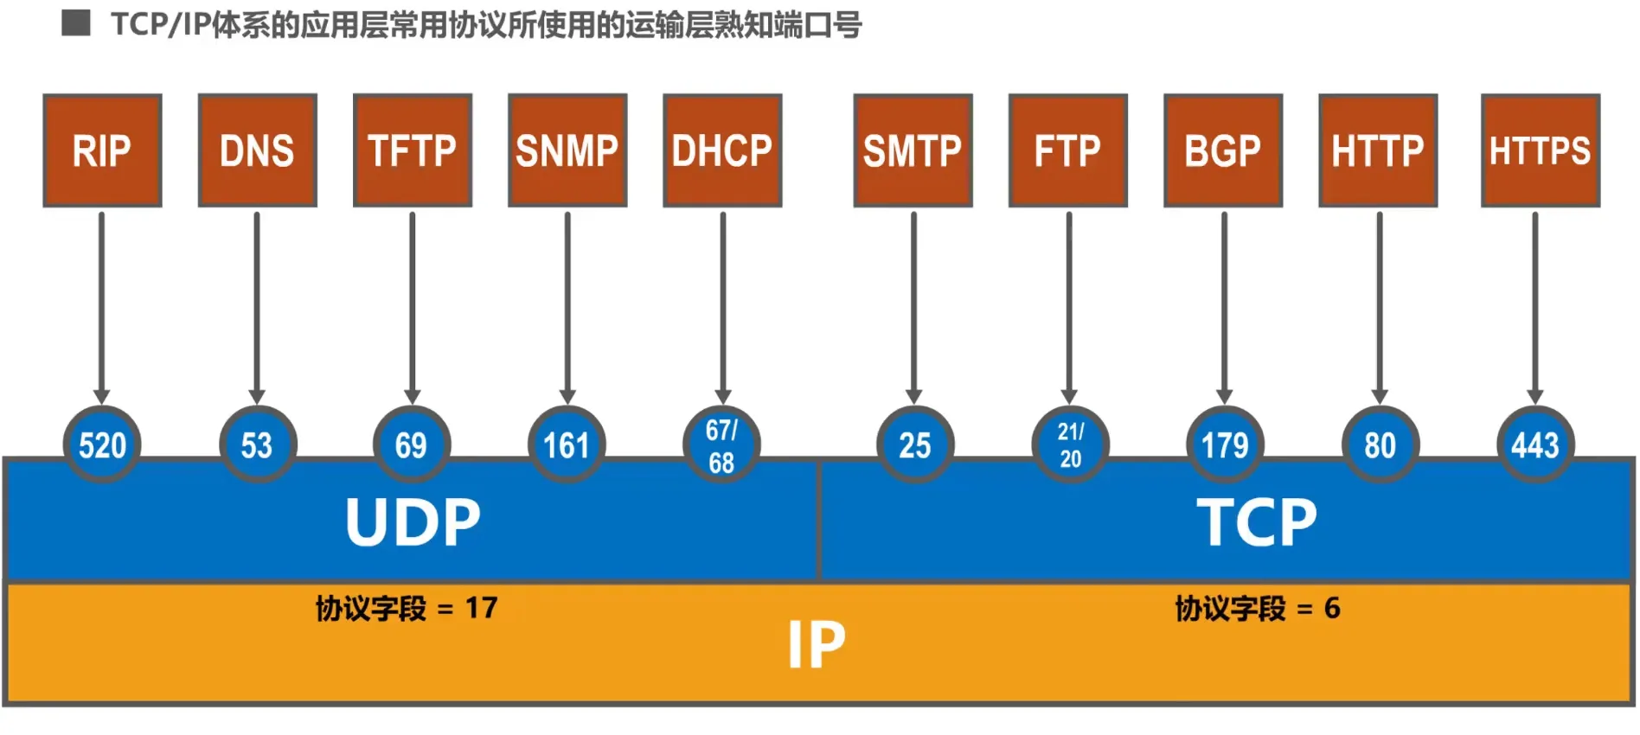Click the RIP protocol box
coord(102,150)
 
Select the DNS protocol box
coord(257,150)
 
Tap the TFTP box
coord(413,150)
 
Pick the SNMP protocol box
coord(567,150)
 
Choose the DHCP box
coord(722,150)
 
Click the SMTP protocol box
coord(913,150)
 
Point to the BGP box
coord(1223,150)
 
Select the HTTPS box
coord(1540,150)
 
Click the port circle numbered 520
coord(102,444)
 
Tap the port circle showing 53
coord(257,444)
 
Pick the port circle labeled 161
coord(567,444)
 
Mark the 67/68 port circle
coord(721,444)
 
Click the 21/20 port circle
coord(1070,444)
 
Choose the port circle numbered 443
coord(1535,444)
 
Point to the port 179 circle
coord(1225,444)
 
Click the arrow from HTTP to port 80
coord(1380,303)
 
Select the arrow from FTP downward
coord(1069,303)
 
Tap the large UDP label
coord(413,522)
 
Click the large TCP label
coord(1257,522)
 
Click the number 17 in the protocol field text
coord(481,608)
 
